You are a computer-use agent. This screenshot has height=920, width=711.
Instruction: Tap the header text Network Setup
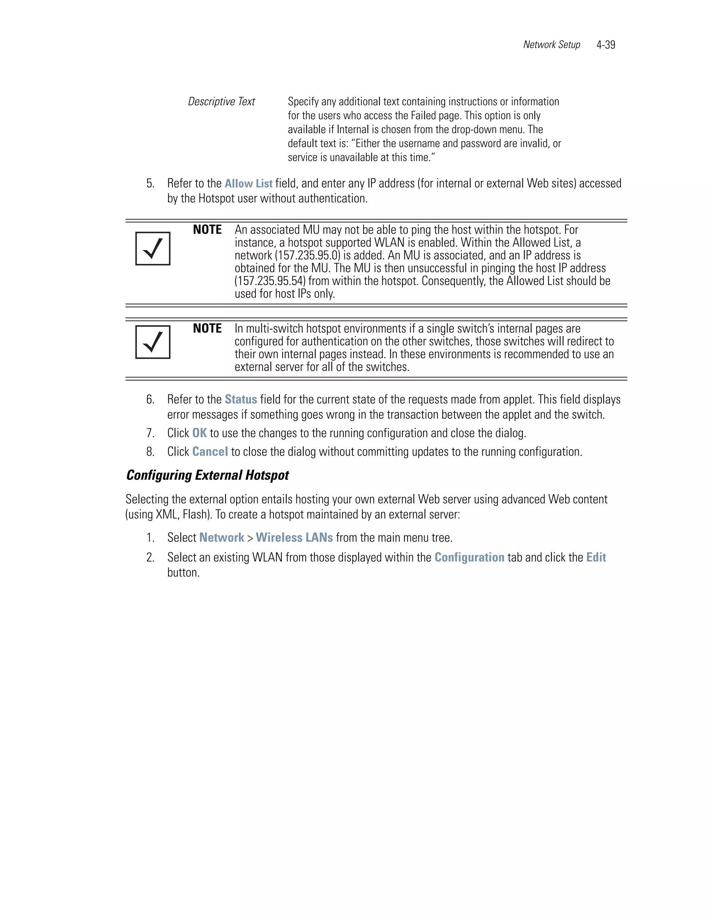click(551, 45)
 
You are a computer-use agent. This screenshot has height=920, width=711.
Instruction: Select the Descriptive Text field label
click(221, 101)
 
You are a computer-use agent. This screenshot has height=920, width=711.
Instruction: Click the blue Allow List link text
click(248, 184)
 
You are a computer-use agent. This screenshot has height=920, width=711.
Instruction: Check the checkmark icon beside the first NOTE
click(153, 249)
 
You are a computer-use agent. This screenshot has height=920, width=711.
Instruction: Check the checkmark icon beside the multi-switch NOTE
click(153, 342)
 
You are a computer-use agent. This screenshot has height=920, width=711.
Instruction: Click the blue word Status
click(241, 399)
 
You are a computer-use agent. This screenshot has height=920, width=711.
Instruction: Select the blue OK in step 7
click(199, 433)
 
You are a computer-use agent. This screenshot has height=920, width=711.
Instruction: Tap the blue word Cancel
click(210, 452)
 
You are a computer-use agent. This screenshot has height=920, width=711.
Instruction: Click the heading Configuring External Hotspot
click(207, 475)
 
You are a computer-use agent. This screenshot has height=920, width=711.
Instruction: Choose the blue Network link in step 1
click(221, 537)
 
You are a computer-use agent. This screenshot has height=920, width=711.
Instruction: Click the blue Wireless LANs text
click(294, 537)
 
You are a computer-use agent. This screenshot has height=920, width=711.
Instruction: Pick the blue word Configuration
click(469, 557)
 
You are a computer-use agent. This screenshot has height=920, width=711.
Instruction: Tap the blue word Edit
click(596, 557)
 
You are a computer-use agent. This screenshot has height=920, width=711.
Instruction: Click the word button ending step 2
click(183, 572)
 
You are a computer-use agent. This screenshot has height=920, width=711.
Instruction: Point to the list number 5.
click(150, 184)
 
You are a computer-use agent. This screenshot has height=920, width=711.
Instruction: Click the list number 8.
click(150, 452)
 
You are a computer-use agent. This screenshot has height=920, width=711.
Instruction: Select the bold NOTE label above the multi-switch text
click(207, 328)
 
